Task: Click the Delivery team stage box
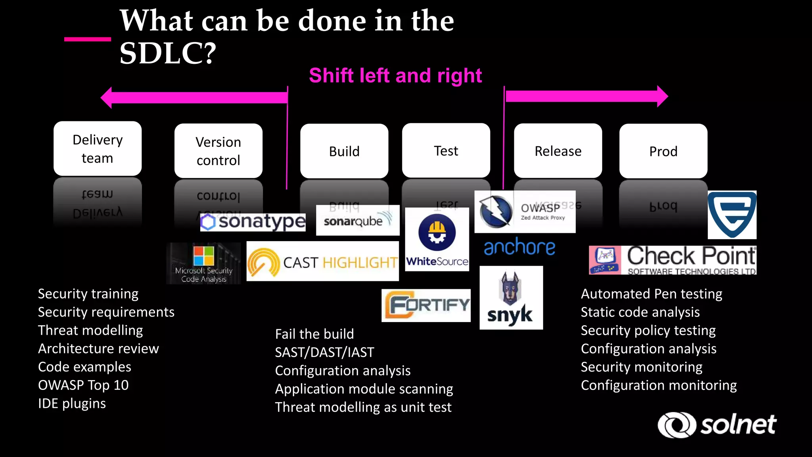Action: pyautogui.click(x=98, y=149)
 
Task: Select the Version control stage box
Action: pyautogui.click(x=218, y=151)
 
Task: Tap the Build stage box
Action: pyautogui.click(x=344, y=151)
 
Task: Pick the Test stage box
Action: pyautogui.click(x=446, y=150)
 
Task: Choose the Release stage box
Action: pyautogui.click(x=558, y=151)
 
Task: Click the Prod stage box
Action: pyautogui.click(x=663, y=151)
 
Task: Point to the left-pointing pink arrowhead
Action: pyautogui.click(x=106, y=97)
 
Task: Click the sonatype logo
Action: pyautogui.click(x=253, y=222)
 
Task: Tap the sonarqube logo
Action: pyautogui.click(x=358, y=220)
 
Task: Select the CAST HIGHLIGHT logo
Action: pyautogui.click(x=322, y=262)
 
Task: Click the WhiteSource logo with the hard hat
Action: pyautogui.click(x=437, y=240)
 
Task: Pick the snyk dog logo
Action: pyautogui.click(x=511, y=298)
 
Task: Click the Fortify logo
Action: pyautogui.click(x=426, y=305)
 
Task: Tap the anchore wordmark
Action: pyautogui.click(x=519, y=247)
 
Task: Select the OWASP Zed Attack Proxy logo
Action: pyautogui.click(x=525, y=212)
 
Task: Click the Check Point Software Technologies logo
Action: pyautogui.click(x=672, y=260)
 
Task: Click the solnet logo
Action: pyautogui.click(x=717, y=425)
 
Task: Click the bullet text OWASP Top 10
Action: pyautogui.click(x=83, y=385)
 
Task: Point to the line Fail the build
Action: pyautogui.click(x=314, y=334)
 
